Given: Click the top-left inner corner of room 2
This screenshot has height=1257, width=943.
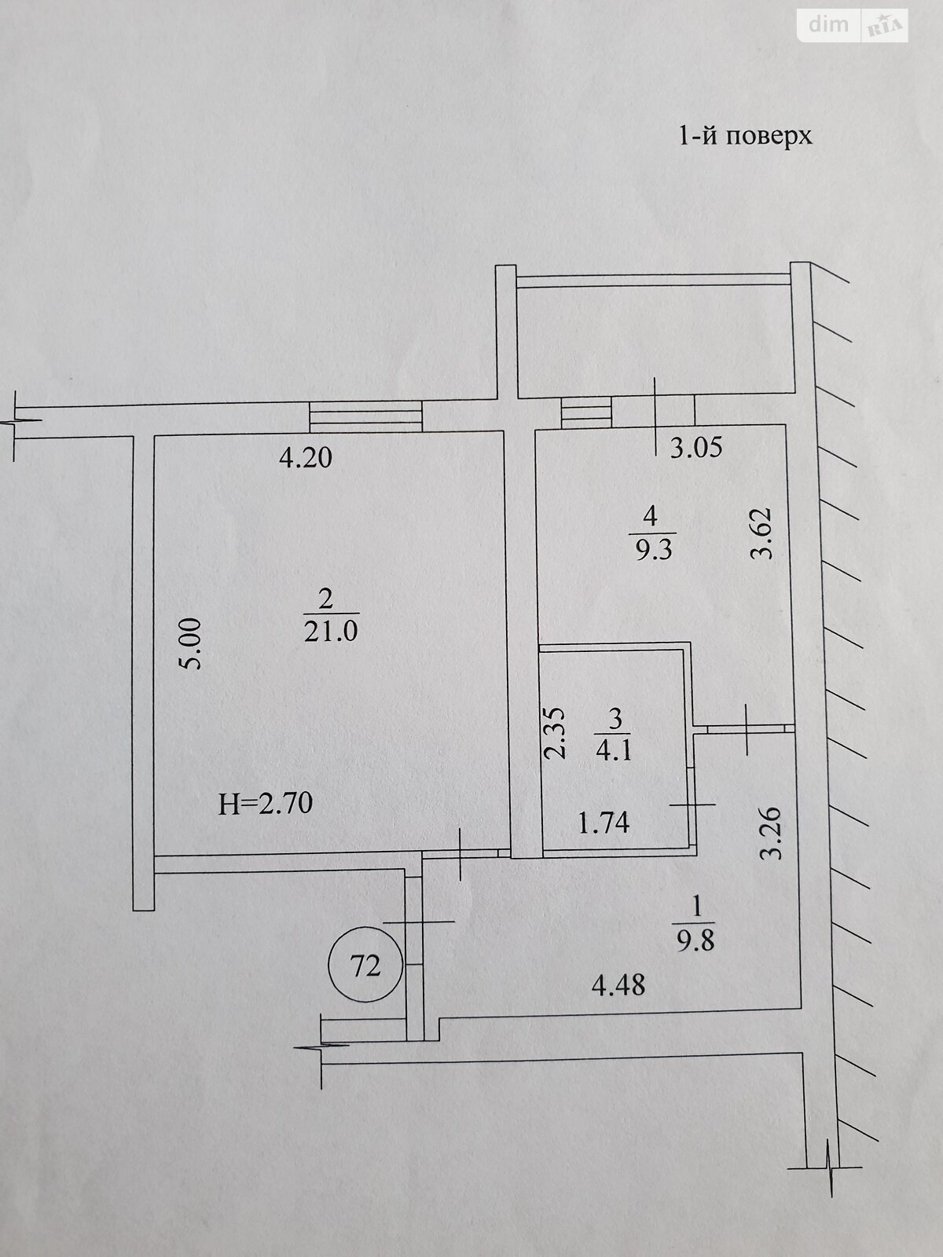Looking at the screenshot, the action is coord(155,437).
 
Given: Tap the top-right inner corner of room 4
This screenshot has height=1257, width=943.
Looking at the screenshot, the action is coord(784,424).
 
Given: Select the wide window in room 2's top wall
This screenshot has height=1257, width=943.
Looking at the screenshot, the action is coord(365,416).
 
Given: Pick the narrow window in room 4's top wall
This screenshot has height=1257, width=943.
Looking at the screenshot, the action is coord(586,412).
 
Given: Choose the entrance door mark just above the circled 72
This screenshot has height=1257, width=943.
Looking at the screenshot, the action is coord(419,922).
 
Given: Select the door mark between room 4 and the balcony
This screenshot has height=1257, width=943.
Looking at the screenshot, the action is coord(655,416).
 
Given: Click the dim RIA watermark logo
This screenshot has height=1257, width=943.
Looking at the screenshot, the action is coord(853,26).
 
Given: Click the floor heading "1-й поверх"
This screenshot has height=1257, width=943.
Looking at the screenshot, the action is coord(746,137).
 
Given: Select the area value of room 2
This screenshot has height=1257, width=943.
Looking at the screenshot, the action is coord(331,631).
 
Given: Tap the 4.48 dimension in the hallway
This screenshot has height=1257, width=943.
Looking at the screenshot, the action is coord(618,985).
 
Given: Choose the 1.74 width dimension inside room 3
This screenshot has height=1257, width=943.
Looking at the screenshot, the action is coord(604,823).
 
